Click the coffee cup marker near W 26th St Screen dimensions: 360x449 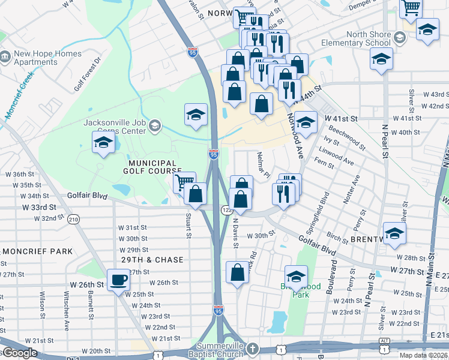[x=118, y=279]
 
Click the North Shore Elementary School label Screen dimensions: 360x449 [x=355, y=38]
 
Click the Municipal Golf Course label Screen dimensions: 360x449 [x=152, y=167]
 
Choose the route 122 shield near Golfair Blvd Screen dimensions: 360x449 [x=226, y=210]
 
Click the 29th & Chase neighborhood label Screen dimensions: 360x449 [x=152, y=259]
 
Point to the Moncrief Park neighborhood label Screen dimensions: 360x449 [x=37, y=251]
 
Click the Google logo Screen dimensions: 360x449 [x=19, y=353]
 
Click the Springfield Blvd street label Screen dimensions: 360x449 [x=324, y=213]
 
